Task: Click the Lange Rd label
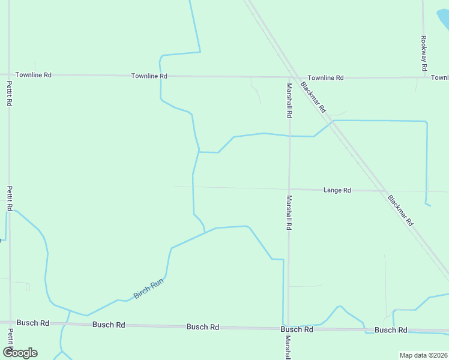click(x=337, y=190)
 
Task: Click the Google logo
click(x=19, y=352)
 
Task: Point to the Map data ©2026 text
click(x=423, y=355)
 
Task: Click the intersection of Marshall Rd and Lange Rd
click(x=289, y=189)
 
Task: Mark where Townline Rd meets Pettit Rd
click(x=9, y=75)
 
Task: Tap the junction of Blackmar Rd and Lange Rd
click(x=384, y=191)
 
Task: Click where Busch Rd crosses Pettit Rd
click(x=10, y=323)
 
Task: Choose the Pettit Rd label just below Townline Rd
click(x=9, y=94)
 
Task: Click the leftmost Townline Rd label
click(x=34, y=75)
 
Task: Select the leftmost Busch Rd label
click(x=32, y=323)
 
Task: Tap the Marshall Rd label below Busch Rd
click(x=288, y=347)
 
